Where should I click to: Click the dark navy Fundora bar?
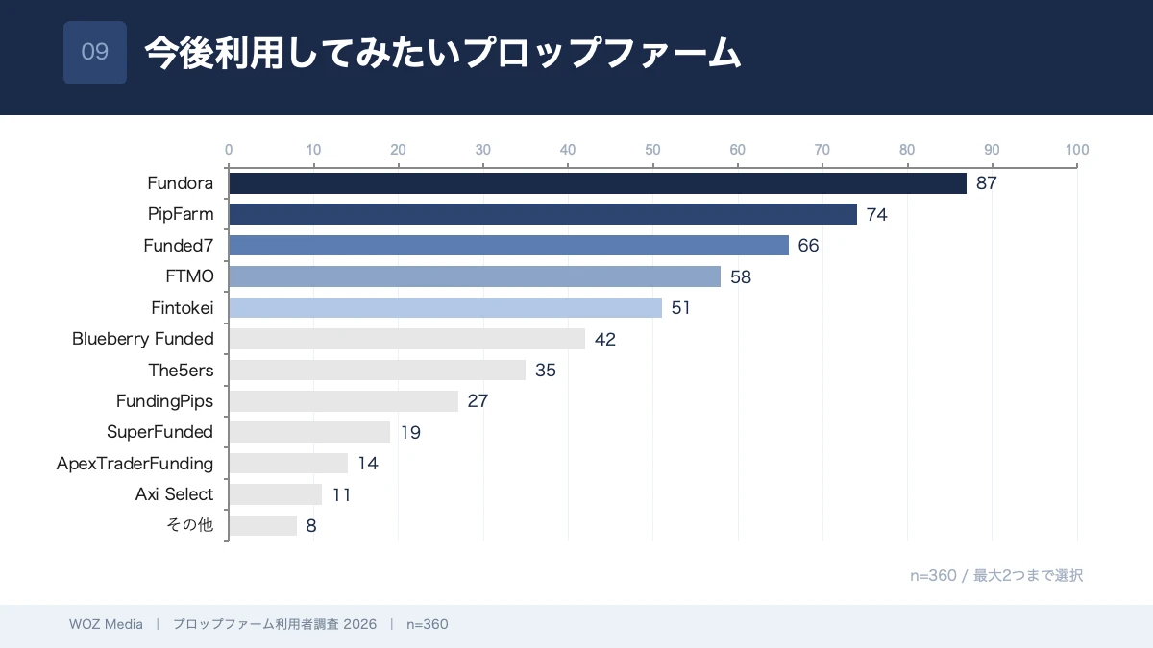(x=597, y=183)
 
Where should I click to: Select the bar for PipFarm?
(x=542, y=214)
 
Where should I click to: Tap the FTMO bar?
(x=474, y=276)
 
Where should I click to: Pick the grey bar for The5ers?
(x=377, y=370)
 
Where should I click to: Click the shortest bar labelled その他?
(x=262, y=525)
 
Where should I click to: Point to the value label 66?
(x=808, y=246)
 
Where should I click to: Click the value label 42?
(x=605, y=339)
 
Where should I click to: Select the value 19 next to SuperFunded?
(x=410, y=432)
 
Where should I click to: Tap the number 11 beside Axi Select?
(x=342, y=494)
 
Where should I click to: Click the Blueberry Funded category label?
(x=143, y=339)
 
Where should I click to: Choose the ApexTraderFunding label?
(x=135, y=464)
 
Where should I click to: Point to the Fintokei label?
(x=183, y=308)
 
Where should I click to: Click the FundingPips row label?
(x=164, y=401)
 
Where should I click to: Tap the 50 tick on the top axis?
(x=652, y=150)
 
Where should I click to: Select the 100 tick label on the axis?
(x=1076, y=150)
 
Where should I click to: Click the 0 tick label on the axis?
(x=229, y=150)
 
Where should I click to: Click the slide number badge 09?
(x=95, y=53)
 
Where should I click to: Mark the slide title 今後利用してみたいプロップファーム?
(x=443, y=53)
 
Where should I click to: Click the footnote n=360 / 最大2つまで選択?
(x=996, y=575)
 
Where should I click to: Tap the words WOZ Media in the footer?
(x=106, y=624)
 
